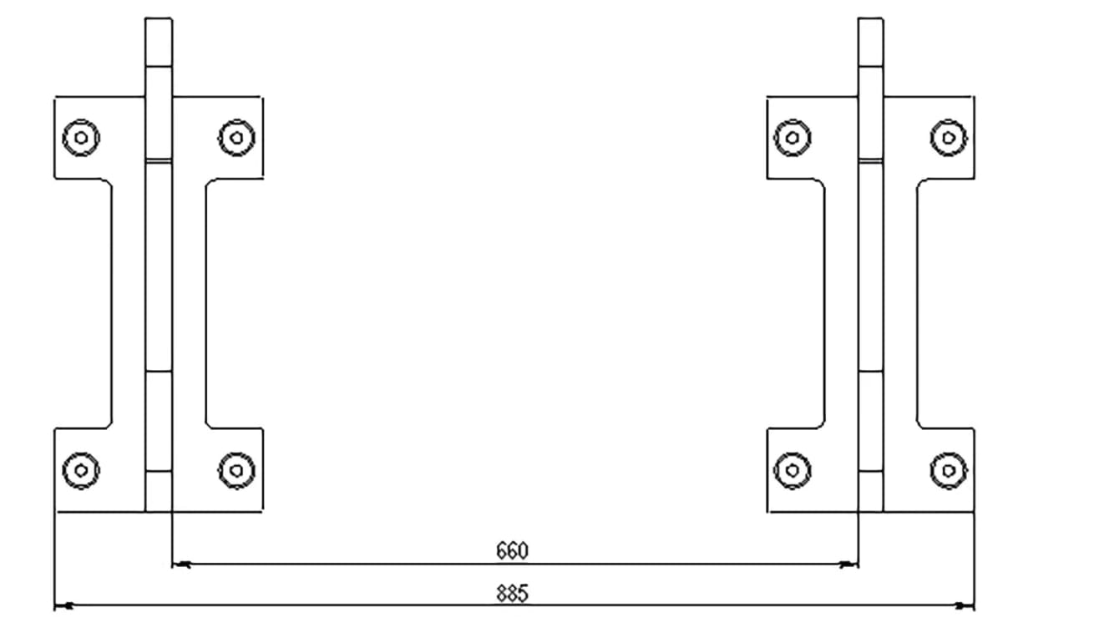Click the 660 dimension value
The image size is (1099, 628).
pyautogui.click(x=512, y=551)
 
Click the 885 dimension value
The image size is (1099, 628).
pyautogui.click(x=512, y=594)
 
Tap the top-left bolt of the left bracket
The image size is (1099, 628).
pyautogui.click(x=82, y=138)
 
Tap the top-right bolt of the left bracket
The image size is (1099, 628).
pyautogui.click(x=236, y=138)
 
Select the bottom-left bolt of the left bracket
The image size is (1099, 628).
pyautogui.click(x=82, y=471)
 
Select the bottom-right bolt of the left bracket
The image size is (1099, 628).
pyautogui.click(x=236, y=471)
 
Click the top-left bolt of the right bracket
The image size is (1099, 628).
pyautogui.click(x=793, y=138)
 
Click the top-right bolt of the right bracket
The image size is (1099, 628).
pyautogui.click(x=949, y=138)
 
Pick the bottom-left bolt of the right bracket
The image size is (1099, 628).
pyautogui.click(x=793, y=471)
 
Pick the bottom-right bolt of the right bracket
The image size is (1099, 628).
pyautogui.click(x=949, y=471)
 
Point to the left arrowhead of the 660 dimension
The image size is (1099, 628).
pyautogui.click(x=181, y=565)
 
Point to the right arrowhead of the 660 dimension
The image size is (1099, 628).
pyautogui.click(x=848, y=565)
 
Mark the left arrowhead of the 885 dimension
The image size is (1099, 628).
pyautogui.click(x=63, y=606)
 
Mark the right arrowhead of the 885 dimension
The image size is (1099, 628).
pyautogui.click(x=965, y=606)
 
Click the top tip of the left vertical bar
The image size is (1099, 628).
pyautogui.click(x=159, y=18)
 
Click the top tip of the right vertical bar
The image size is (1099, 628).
pyautogui.click(x=871, y=18)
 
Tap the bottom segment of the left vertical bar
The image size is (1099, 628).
pyautogui.click(x=159, y=492)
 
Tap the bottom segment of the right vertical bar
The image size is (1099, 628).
pyautogui.click(x=871, y=492)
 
